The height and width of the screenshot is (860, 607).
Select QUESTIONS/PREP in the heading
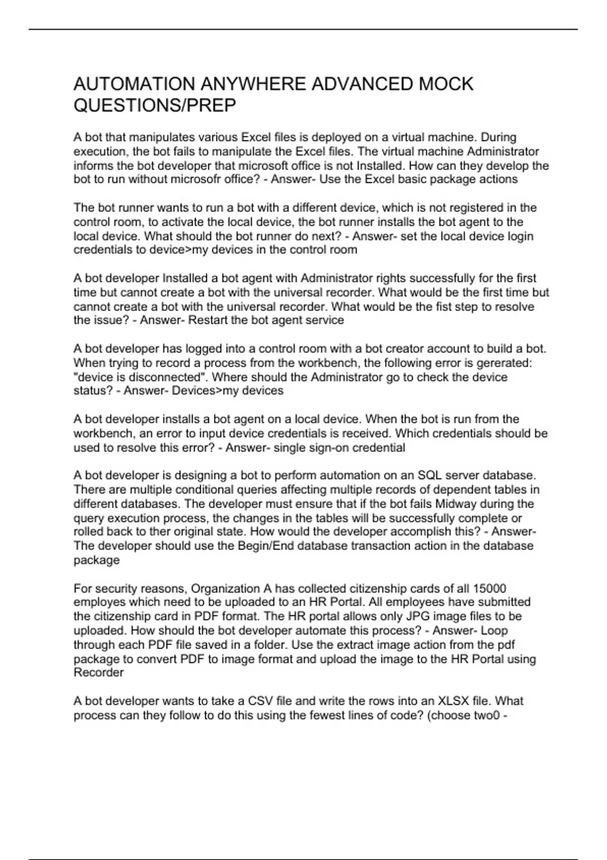click(x=155, y=106)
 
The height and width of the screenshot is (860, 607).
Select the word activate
click(x=182, y=222)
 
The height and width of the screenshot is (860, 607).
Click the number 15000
click(x=489, y=588)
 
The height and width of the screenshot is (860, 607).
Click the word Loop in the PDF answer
click(x=494, y=630)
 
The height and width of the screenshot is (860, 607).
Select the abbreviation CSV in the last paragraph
click(x=261, y=701)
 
